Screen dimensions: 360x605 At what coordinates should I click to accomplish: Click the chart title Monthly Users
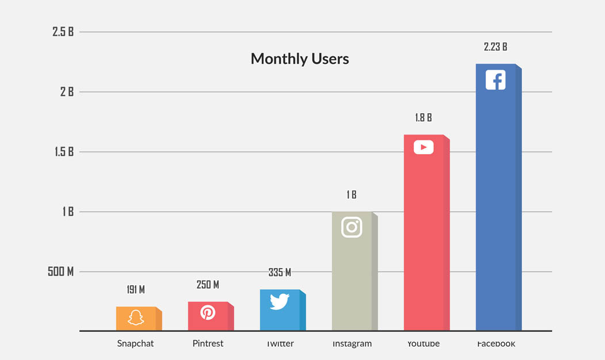click(x=300, y=59)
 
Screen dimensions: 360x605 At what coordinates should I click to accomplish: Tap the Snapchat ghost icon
click(x=136, y=317)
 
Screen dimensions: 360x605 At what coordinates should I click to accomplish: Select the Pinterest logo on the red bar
click(x=208, y=312)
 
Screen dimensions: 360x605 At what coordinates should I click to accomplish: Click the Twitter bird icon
click(x=279, y=301)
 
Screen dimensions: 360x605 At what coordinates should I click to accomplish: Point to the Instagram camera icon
click(x=351, y=227)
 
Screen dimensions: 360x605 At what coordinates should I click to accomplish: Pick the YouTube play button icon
click(x=423, y=148)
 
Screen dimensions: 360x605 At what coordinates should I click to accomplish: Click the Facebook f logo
click(x=495, y=80)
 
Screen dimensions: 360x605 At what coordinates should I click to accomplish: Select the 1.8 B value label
click(x=423, y=118)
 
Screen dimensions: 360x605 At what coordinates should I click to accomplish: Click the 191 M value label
click(x=136, y=290)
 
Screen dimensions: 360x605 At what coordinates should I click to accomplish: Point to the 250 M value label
click(x=208, y=285)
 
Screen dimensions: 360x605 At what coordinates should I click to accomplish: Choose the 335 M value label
click(x=279, y=273)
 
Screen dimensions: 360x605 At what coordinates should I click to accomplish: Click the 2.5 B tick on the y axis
click(x=63, y=32)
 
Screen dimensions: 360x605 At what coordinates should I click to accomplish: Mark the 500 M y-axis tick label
click(x=60, y=271)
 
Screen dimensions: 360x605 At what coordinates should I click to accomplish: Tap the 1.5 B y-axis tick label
click(x=63, y=152)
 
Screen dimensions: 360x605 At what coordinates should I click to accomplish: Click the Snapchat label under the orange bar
click(x=136, y=344)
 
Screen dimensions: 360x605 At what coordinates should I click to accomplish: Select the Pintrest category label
click(x=208, y=344)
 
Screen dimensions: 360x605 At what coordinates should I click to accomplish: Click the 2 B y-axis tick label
click(x=67, y=92)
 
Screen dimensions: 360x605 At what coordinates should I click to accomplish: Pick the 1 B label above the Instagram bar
click(x=351, y=196)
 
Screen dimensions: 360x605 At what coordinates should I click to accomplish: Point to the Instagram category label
click(x=352, y=344)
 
